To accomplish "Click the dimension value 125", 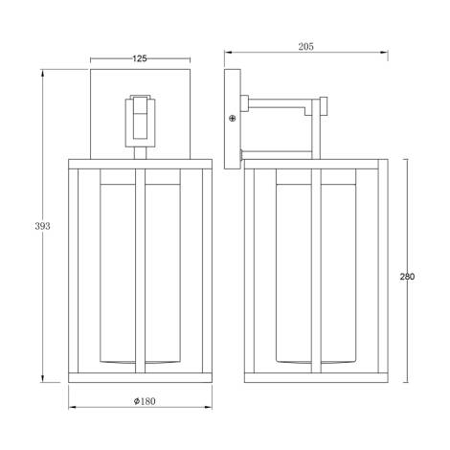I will (139, 59).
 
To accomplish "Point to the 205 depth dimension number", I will (306, 46).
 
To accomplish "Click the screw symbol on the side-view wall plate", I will (233, 118).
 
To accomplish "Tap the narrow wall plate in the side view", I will (233, 119).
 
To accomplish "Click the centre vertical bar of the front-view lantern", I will (140, 273).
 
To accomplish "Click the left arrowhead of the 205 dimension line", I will (226, 53).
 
